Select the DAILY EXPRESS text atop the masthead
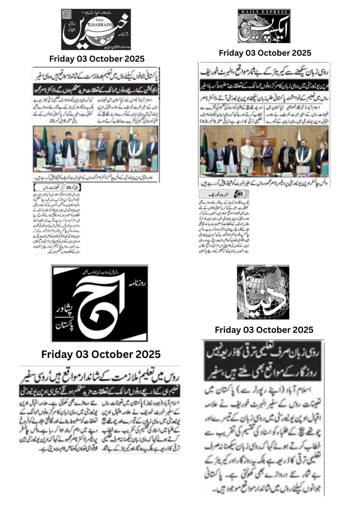point(264,11)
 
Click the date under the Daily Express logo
point(265,53)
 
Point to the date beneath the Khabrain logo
point(97,59)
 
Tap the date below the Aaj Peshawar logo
point(101,354)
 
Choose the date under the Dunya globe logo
point(264,330)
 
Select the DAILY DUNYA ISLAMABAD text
point(252,266)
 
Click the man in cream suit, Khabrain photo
point(85,148)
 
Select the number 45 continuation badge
point(239,194)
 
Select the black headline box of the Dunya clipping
point(263,361)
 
